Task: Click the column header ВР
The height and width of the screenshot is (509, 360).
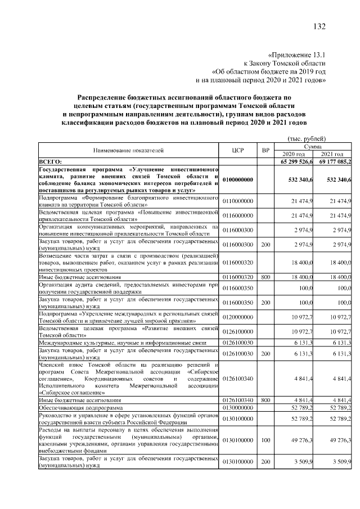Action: tap(265, 151)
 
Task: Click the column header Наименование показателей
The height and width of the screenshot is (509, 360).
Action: tap(128, 151)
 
